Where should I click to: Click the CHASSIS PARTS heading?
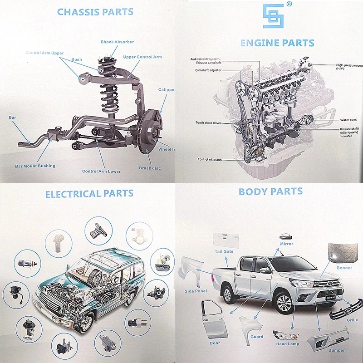pyautogui.click(x=95, y=11)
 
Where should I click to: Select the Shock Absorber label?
pyautogui.click(x=117, y=42)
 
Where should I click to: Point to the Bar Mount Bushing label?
pyautogui.click(x=35, y=166)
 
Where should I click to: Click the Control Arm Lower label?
pyautogui.click(x=101, y=172)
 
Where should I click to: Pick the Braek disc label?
pyautogui.click(x=150, y=168)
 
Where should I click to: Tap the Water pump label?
pyautogui.click(x=348, y=120)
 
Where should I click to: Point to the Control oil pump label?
pyautogui.click(x=209, y=159)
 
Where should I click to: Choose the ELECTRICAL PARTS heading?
pyautogui.click(x=89, y=194)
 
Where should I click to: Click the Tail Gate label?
pyautogui.click(x=224, y=251)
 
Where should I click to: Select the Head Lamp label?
pyautogui.click(x=288, y=344)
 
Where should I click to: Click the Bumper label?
pyautogui.click(x=336, y=350)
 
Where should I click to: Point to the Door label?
pyautogui.click(x=215, y=343)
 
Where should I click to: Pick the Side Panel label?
pyautogui.click(x=196, y=291)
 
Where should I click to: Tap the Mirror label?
pyautogui.click(x=286, y=244)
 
